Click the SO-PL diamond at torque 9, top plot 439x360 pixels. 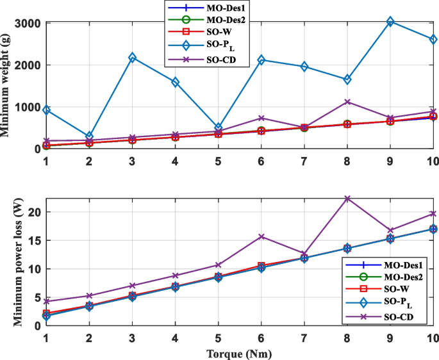point(390,22)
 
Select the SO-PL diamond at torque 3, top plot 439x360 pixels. point(132,58)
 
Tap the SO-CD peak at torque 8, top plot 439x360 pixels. point(347,102)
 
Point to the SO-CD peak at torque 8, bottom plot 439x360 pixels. point(347,199)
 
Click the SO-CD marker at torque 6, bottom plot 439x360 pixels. point(261,236)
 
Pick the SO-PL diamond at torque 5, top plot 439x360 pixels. point(219,127)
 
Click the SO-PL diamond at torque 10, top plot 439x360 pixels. point(433,39)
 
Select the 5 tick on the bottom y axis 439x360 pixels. point(37,297)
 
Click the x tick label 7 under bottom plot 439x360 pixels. point(304,338)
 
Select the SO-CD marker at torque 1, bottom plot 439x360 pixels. point(46,301)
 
